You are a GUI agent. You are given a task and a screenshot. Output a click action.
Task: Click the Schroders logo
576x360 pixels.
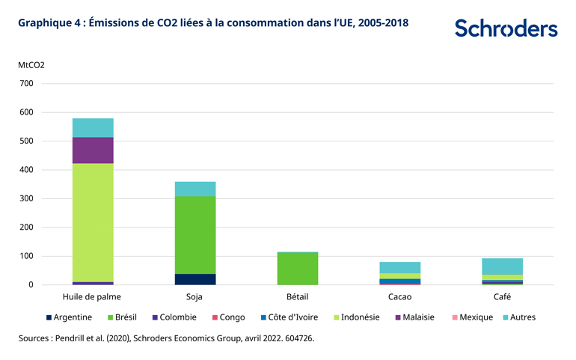pos(506,28)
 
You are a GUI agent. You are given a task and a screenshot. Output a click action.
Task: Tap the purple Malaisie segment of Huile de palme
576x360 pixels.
pos(93,150)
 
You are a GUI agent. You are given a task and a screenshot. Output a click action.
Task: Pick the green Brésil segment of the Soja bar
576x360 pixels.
pos(194,235)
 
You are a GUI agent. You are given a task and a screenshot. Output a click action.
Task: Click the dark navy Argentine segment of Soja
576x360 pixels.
pos(194,279)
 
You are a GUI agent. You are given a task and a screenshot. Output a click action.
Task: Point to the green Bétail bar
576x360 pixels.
pos(297,268)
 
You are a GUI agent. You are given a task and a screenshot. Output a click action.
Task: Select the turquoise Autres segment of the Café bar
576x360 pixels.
pos(501,266)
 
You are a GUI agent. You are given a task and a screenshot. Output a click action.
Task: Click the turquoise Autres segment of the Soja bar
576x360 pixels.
pos(194,189)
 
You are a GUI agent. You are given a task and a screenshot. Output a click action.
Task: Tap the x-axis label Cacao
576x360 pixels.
pos(399,297)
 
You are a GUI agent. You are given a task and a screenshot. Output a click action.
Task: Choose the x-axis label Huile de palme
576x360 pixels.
pos(93,297)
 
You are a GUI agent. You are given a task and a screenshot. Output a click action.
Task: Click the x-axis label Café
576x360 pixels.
pos(501,297)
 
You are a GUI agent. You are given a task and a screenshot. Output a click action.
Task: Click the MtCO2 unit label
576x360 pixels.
pos(31,65)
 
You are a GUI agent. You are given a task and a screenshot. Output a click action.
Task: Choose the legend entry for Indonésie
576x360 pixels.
pos(355,317)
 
